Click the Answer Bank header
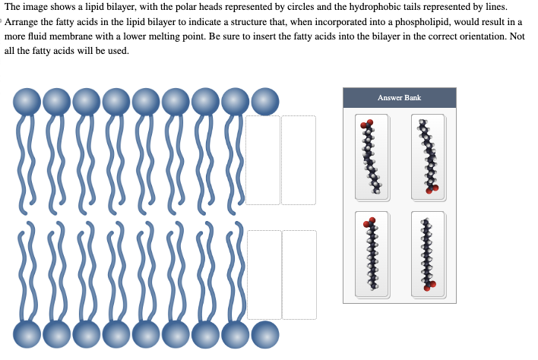coord(399,97)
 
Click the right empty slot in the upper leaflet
coord(299,160)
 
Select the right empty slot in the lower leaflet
coord(299,274)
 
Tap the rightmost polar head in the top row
coord(264,102)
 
